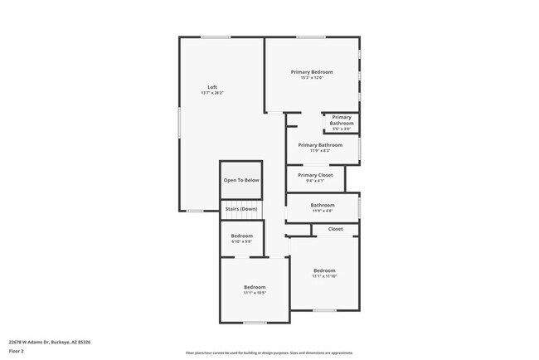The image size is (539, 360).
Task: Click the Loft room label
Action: (x=212, y=87)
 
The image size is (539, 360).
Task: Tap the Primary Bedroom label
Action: (x=312, y=72)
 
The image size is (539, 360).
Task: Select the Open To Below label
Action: (x=241, y=180)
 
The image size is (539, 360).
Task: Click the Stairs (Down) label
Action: (x=241, y=209)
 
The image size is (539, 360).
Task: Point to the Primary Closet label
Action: (x=315, y=175)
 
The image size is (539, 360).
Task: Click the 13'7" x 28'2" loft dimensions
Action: (x=212, y=93)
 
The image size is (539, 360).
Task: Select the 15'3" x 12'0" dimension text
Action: (x=312, y=78)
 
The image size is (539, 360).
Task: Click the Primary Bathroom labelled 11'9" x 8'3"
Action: (x=320, y=145)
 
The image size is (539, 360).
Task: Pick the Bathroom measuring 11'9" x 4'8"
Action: (x=323, y=205)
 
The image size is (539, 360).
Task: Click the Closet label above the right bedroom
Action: (x=335, y=229)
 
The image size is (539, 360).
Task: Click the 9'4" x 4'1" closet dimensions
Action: (x=315, y=181)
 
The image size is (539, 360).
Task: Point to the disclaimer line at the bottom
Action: (x=269, y=353)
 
